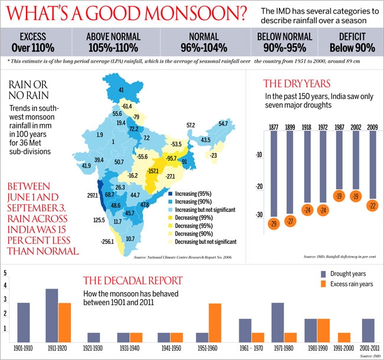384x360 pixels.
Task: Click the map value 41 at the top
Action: point(121,90)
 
